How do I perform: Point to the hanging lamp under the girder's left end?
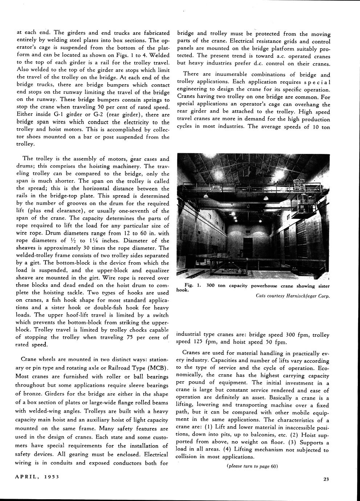pos(206,196)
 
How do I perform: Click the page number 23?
pos(326,479)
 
